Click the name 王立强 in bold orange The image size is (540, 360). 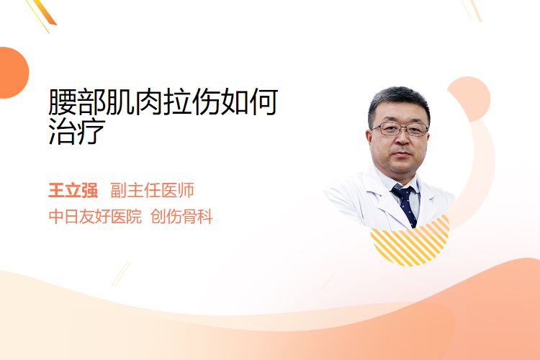click(x=73, y=191)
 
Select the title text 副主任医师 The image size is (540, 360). click(x=152, y=191)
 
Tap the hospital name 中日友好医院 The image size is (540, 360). click(x=95, y=217)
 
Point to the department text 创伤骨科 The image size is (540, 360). click(x=181, y=217)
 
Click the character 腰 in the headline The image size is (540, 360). click(x=63, y=102)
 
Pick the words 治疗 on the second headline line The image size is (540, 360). click(x=77, y=131)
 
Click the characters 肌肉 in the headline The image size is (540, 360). click(x=134, y=102)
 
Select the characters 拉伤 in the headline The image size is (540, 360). click(x=192, y=102)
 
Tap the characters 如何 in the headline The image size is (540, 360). click(x=249, y=102)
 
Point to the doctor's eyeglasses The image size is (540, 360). click(x=400, y=129)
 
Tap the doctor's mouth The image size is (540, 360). click(x=402, y=154)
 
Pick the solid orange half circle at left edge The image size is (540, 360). click(x=13, y=73)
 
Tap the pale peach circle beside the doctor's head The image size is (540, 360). click(x=470, y=98)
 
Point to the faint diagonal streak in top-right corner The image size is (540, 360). click(x=472, y=10)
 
